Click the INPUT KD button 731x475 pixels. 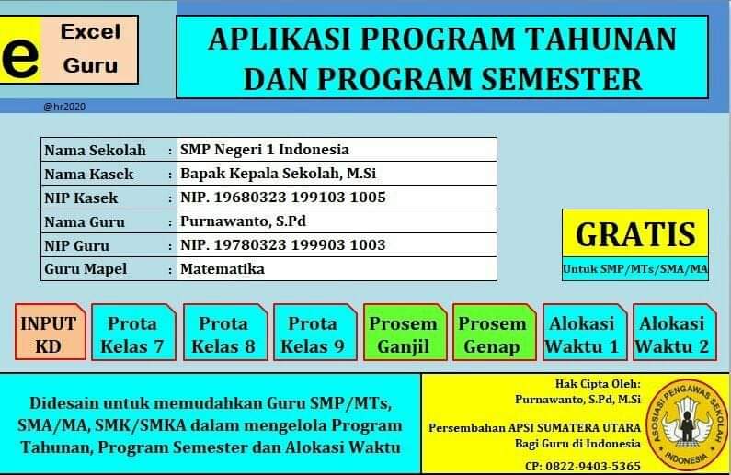tap(49, 334)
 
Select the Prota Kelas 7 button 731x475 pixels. tap(132, 334)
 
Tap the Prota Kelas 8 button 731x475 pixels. tap(223, 334)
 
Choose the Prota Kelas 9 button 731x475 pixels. tap(313, 334)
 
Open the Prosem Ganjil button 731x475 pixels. tap(403, 334)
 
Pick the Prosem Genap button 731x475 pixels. tap(492, 334)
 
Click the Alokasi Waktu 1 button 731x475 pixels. tap(582, 334)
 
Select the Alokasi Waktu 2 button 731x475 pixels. tap(672, 334)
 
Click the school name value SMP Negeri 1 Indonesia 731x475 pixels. tap(265, 149)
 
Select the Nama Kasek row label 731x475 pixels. tap(89, 174)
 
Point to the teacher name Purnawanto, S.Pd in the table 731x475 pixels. tap(243, 221)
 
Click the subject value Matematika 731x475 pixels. tap(223, 269)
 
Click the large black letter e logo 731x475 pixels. tap(20, 57)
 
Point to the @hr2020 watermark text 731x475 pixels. tap(63, 107)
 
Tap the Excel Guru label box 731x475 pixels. tap(90, 49)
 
